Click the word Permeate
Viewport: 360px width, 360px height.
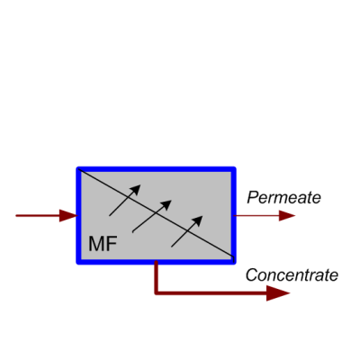click(283, 198)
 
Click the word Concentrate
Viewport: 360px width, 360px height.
click(292, 275)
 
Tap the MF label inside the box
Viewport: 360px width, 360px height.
click(103, 244)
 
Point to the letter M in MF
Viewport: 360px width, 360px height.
click(96, 244)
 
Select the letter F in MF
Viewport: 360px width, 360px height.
click(112, 244)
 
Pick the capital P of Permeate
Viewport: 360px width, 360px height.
click(254, 197)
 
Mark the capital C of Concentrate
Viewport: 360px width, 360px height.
click(253, 275)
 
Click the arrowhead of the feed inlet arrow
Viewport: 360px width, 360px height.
click(68, 215)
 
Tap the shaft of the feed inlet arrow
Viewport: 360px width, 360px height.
click(38, 215)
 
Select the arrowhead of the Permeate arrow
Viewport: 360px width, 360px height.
click(287, 215)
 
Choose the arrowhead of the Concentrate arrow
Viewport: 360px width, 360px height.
click(278, 293)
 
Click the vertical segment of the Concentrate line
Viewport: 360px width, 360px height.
click(156, 277)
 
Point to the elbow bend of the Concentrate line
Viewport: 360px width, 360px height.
click(157, 292)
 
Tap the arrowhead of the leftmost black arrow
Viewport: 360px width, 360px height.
click(136, 190)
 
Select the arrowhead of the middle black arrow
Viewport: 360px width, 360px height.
click(166, 204)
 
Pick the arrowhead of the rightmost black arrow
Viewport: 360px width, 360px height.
click(197, 220)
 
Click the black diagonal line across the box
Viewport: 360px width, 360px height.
click(156, 213)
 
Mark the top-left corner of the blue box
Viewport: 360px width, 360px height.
click(78, 168)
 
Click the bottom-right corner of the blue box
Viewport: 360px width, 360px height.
click(234, 263)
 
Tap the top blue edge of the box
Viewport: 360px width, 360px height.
click(156, 169)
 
